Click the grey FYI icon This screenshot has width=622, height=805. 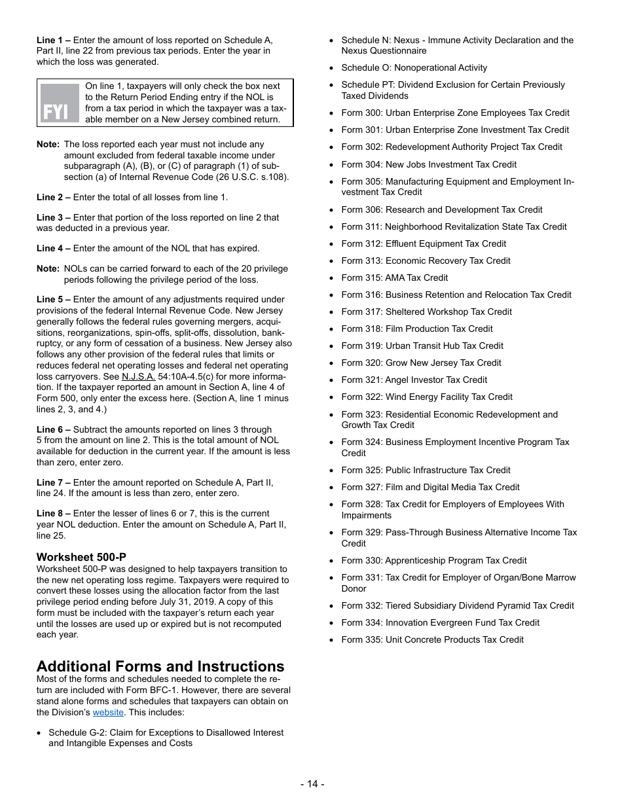[60, 103]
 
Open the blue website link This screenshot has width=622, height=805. [108, 712]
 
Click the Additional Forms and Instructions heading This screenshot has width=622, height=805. [160, 666]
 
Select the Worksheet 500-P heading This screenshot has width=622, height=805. [81, 558]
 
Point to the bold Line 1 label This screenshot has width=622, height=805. [54, 41]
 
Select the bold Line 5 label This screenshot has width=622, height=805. [54, 299]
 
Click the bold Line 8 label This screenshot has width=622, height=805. [54, 514]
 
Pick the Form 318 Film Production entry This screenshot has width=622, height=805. [416, 329]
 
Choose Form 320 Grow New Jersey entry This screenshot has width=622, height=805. [421, 363]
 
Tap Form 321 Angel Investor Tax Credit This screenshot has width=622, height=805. [414, 380]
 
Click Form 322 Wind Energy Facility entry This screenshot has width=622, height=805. [426, 397]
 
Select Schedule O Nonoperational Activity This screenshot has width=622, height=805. [414, 67]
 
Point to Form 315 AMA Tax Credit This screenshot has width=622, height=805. [394, 277]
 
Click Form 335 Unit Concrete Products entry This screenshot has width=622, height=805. [432, 639]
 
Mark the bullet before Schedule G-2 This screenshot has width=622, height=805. [41, 733]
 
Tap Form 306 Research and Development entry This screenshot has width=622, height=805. [441, 209]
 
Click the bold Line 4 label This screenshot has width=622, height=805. [54, 248]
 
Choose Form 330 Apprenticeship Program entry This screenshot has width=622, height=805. [433, 560]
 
